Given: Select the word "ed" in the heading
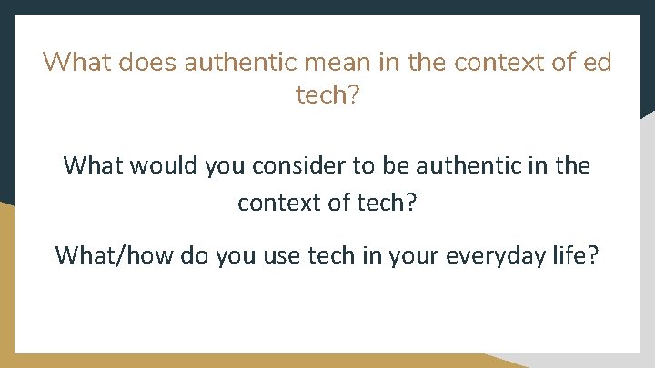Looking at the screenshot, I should [x=596, y=64].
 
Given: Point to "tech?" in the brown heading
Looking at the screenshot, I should [x=327, y=95].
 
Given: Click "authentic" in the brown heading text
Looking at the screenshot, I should [x=241, y=64].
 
